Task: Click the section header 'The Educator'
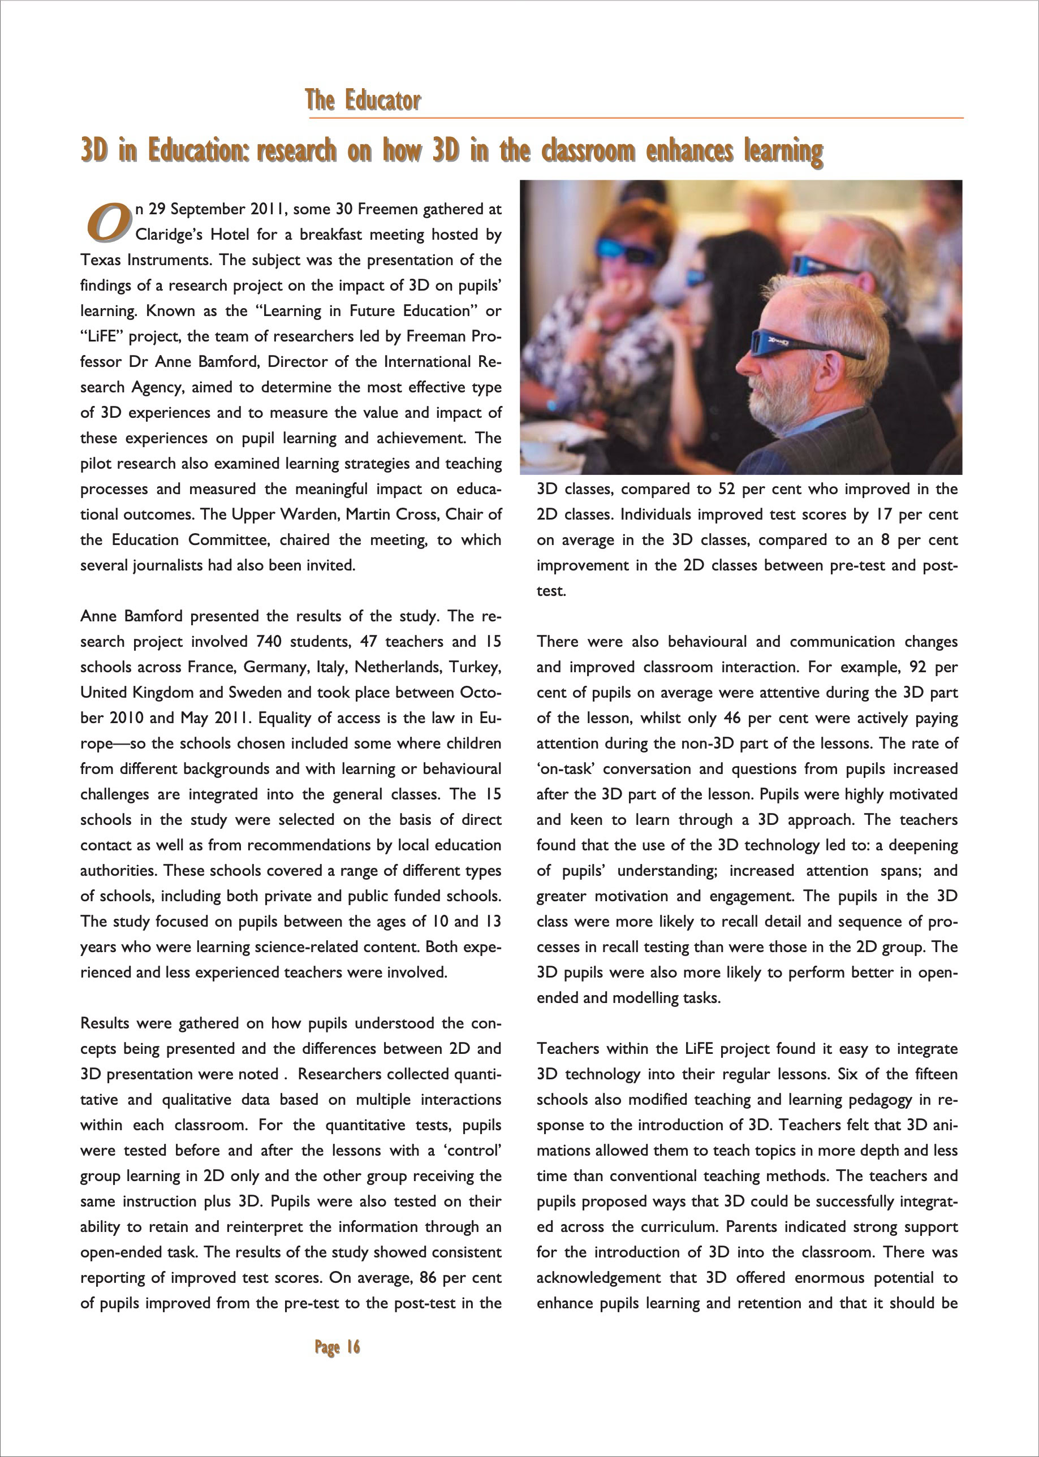[x=362, y=101]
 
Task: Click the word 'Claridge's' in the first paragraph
[x=168, y=235]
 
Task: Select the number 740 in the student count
[x=269, y=642]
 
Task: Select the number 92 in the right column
[x=918, y=667]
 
